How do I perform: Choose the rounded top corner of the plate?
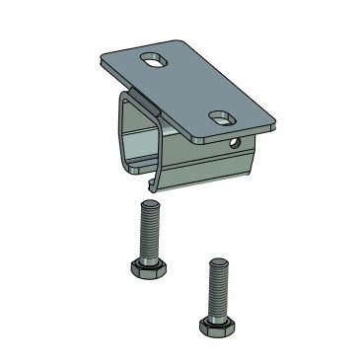click(188, 38)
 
